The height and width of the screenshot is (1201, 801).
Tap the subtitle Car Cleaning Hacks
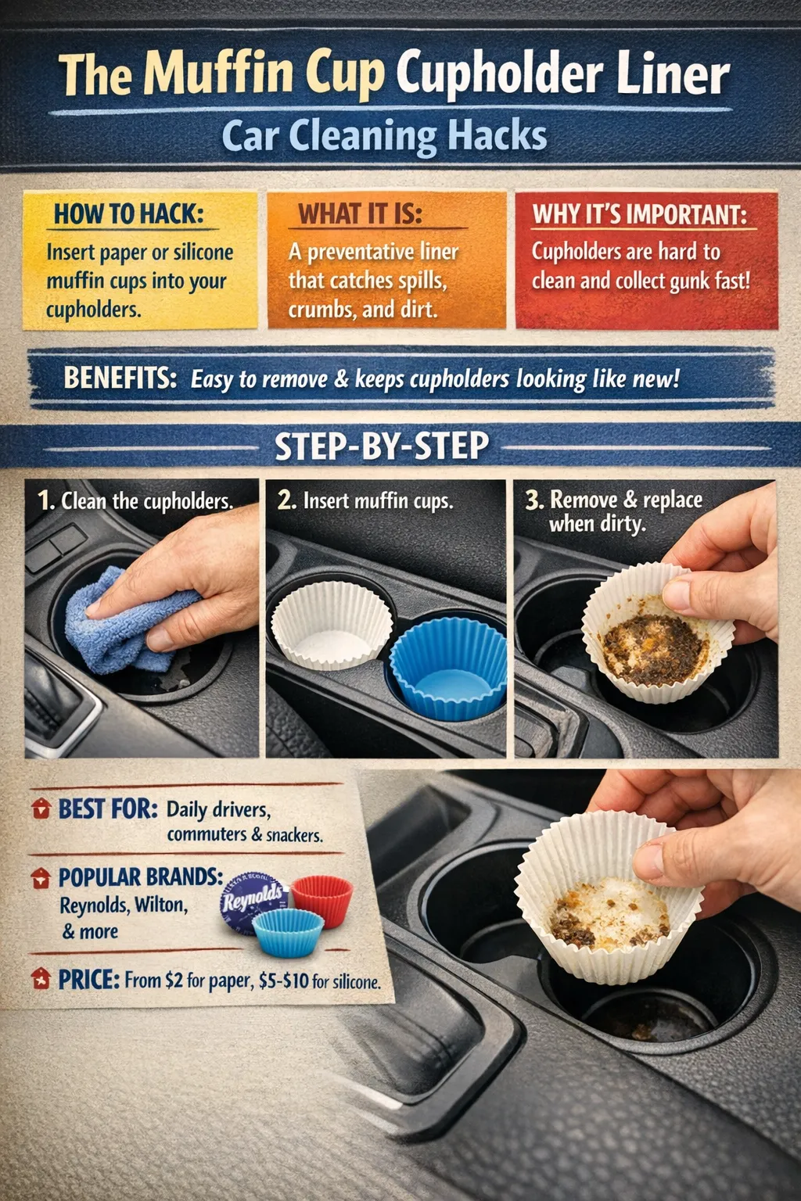384,136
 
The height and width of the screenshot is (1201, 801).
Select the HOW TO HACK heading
128,213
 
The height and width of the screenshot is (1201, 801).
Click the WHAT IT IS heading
360,213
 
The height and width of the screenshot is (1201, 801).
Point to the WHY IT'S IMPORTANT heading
639,214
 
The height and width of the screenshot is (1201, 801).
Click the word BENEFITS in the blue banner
120,378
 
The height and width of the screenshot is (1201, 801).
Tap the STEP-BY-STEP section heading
382,446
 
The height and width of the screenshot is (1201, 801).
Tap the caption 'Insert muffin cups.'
378,500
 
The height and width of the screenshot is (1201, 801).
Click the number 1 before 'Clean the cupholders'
45,500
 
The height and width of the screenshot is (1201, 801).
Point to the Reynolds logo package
252,902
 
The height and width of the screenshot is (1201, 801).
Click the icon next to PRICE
41,978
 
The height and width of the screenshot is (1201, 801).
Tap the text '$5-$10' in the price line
283,981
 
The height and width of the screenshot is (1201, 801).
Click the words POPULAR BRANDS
141,877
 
